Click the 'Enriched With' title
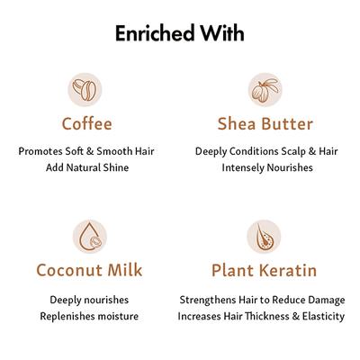click(179, 33)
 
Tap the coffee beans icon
click(87, 90)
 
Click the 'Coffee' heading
click(87, 122)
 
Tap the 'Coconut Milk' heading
click(88, 269)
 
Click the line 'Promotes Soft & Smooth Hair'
click(87, 150)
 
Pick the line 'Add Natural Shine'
click(87, 167)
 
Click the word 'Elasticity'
click(319, 316)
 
